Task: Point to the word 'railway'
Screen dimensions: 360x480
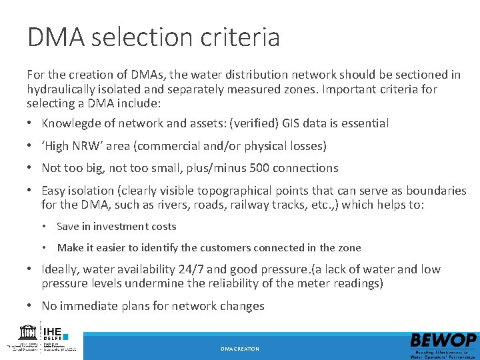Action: pyautogui.click(x=264, y=205)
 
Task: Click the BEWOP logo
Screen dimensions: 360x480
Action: pyautogui.click(x=443, y=341)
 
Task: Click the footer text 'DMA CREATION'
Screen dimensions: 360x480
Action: pyautogui.click(x=240, y=349)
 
